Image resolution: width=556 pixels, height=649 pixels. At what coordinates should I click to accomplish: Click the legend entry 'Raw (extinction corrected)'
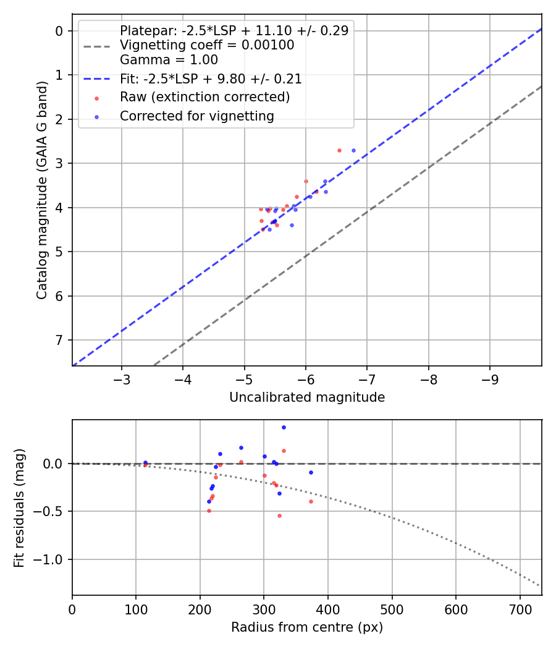[x=204, y=97]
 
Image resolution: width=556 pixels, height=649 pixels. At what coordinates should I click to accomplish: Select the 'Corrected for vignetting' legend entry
[x=197, y=116]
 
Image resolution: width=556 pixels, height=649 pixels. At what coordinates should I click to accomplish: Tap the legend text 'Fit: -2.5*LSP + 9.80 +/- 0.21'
[x=211, y=79]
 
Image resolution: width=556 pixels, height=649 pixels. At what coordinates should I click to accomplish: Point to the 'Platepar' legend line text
[x=234, y=30]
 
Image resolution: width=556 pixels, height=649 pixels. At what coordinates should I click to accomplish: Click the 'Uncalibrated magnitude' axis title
[x=307, y=397]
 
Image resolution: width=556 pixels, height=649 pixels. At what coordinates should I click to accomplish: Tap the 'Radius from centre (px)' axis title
[x=307, y=627]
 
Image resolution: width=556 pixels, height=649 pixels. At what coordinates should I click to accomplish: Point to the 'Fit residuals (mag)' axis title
[x=19, y=507]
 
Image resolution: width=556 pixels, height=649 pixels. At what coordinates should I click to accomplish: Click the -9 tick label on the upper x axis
[x=490, y=378]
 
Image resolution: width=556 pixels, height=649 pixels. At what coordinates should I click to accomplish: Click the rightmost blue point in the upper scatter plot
[x=353, y=150]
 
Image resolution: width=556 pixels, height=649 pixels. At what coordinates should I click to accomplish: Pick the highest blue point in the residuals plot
[x=284, y=427]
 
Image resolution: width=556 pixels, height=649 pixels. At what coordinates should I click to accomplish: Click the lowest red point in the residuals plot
[x=279, y=515]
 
